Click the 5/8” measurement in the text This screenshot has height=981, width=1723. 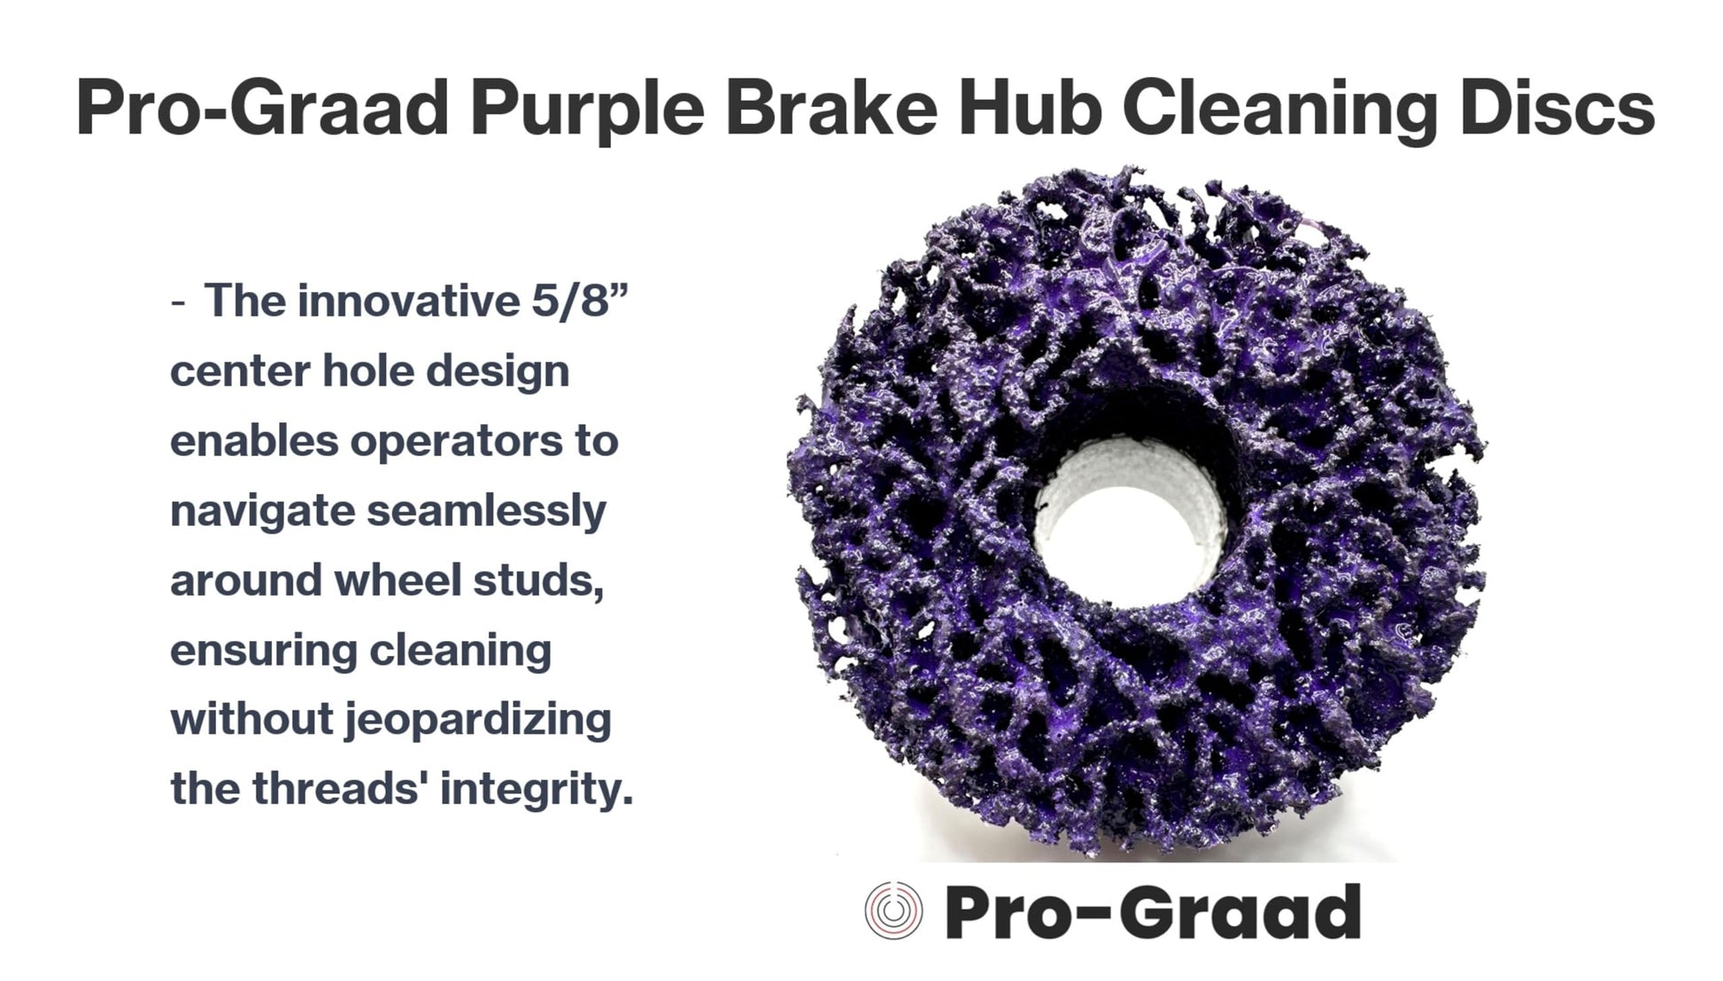pos(579,301)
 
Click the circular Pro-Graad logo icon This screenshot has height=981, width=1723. pos(893,911)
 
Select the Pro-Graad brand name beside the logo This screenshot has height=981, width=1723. pos(1153,911)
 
